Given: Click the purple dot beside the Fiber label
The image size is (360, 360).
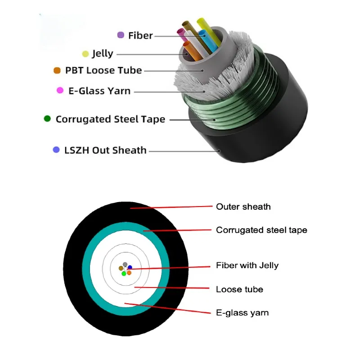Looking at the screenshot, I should click(x=121, y=35).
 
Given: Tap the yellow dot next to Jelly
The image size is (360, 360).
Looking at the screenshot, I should click(x=85, y=54).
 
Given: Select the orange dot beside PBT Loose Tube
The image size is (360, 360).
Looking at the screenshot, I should click(x=57, y=71).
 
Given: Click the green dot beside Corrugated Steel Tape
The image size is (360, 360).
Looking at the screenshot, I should click(x=47, y=119).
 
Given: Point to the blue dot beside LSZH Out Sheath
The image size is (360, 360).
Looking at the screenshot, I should click(x=56, y=150).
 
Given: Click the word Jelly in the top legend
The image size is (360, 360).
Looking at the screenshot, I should click(x=103, y=54).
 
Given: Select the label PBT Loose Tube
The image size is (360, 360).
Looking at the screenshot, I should click(x=103, y=71).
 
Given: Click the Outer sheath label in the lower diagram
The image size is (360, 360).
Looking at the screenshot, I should click(x=243, y=207).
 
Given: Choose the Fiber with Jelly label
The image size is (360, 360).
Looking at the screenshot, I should click(x=247, y=265).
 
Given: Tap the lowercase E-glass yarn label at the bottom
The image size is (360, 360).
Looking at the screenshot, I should click(x=242, y=312).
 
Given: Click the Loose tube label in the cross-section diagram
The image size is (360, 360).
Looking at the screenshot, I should click(x=239, y=289).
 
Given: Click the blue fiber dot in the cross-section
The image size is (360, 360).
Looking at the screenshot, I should click(x=130, y=268).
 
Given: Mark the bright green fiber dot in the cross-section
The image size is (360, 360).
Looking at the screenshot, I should click(x=124, y=273).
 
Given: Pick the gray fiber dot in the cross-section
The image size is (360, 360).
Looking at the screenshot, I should click(x=125, y=264).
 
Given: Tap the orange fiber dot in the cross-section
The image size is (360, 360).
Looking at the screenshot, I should click(x=129, y=273).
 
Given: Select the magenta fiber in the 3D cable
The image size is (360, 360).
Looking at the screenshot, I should click(x=181, y=33).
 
